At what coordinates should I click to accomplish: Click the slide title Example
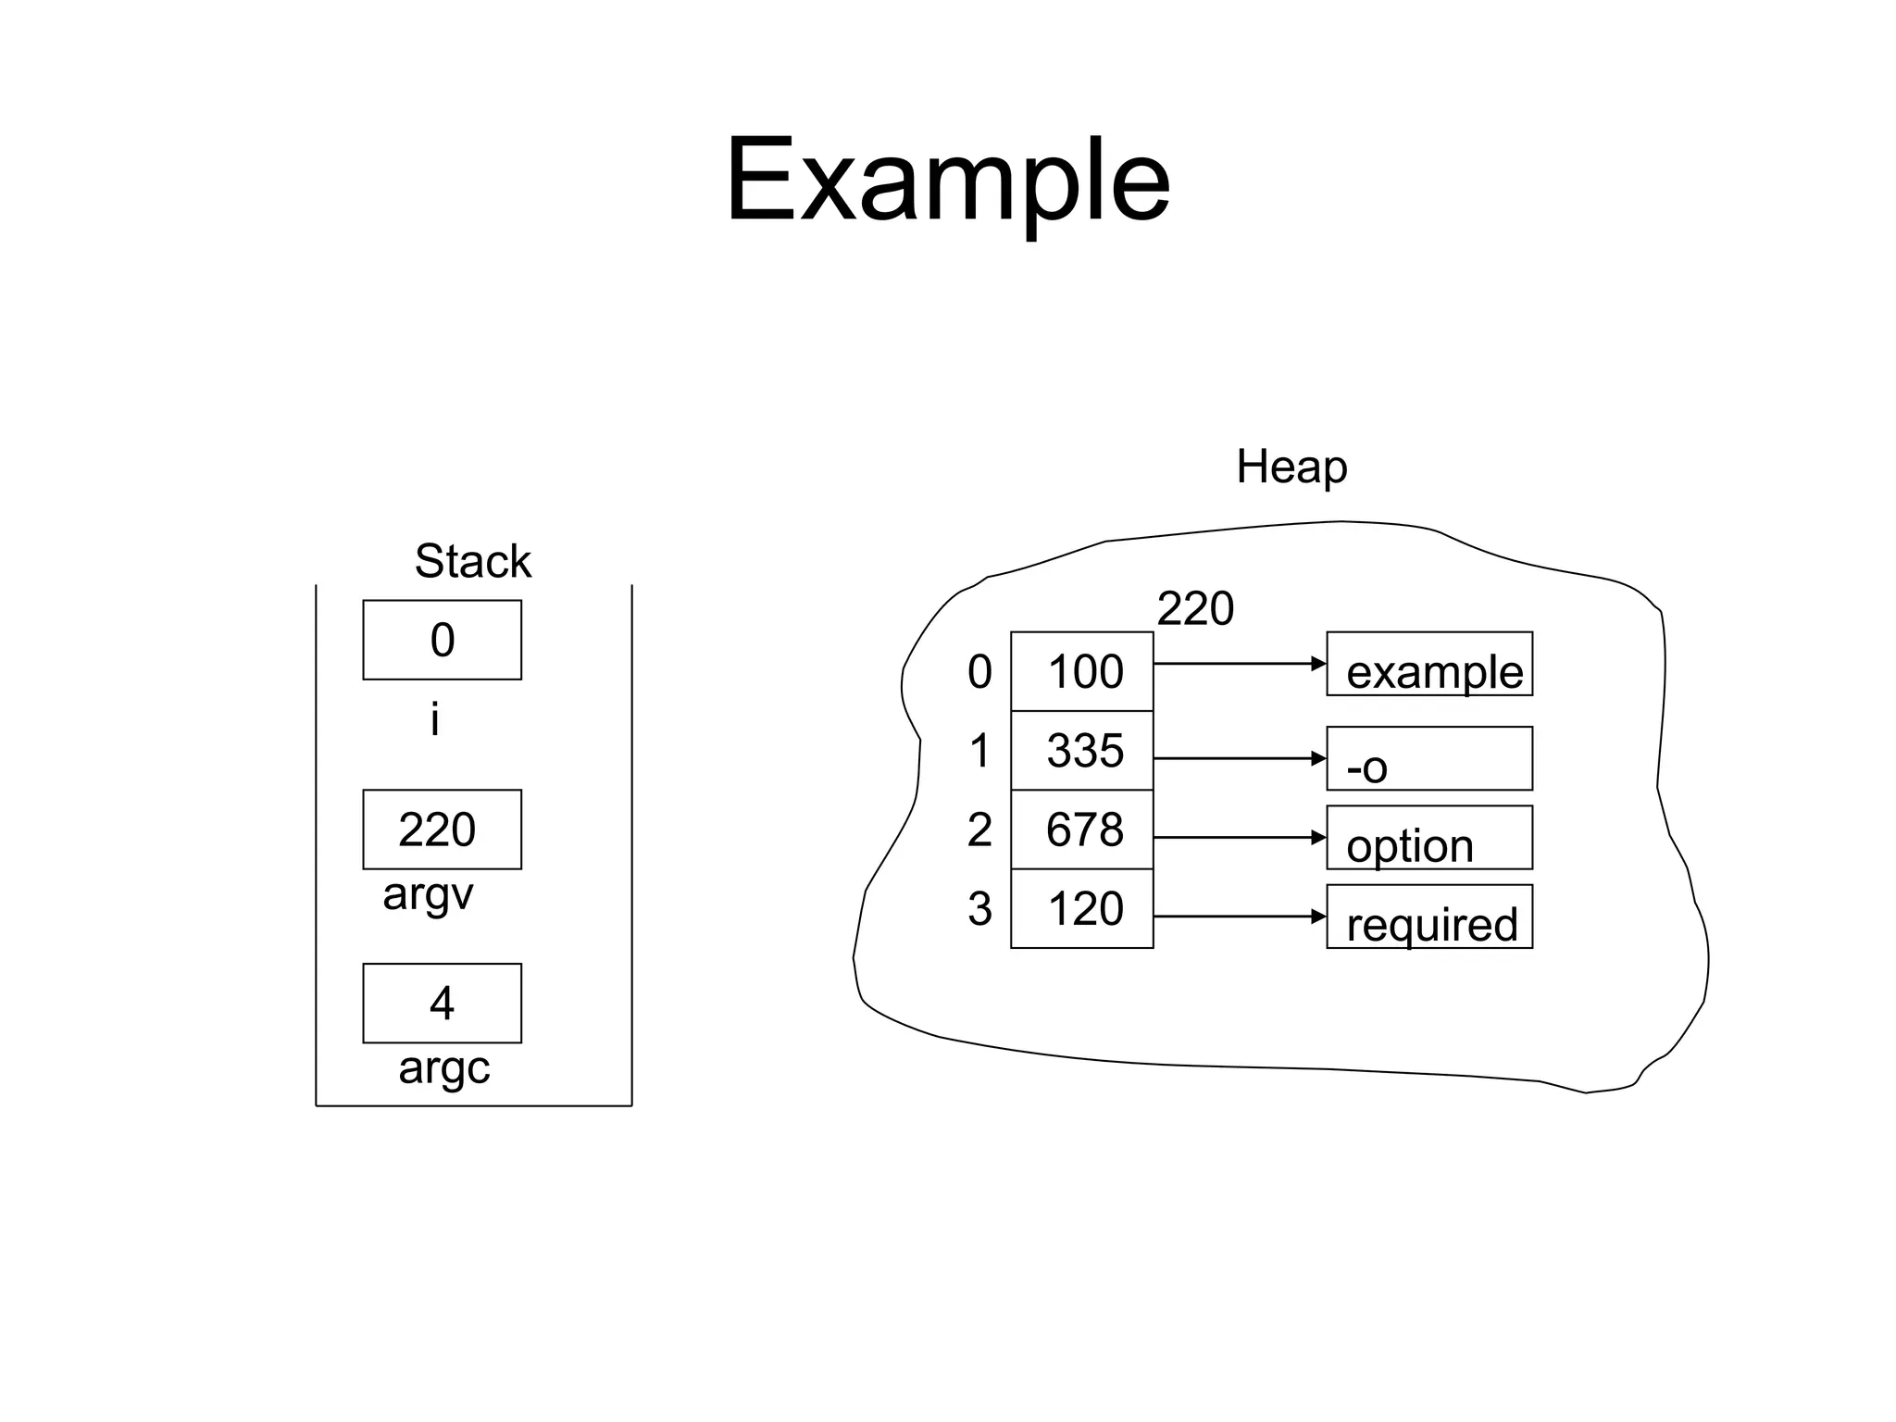[x=947, y=180]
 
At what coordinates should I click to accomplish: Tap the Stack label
[x=472, y=561]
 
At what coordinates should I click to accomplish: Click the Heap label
[x=1291, y=467]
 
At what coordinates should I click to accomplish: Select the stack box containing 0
[x=442, y=640]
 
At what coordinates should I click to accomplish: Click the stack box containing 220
[x=442, y=829]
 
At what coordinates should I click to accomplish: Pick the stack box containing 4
[x=442, y=1004]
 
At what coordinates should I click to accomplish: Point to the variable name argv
[x=428, y=894]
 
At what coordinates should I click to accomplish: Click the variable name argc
[x=443, y=1068]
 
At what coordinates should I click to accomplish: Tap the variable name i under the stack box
[x=434, y=719]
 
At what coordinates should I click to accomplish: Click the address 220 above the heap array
[x=1195, y=609]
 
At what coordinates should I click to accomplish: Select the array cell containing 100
[x=1082, y=671]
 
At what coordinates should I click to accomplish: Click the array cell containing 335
[x=1082, y=751]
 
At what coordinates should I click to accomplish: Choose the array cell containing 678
[x=1082, y=829]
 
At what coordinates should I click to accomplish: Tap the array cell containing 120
[x=1082, y=908]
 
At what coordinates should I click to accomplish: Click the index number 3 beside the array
[x=979, y=909]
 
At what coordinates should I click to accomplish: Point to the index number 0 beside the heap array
[x=979, y=672]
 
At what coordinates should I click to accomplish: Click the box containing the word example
[x=1429, y=664]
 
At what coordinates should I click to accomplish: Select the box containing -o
[x=1429, y=758]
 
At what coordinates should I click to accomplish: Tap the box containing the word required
[x=1429, y=917]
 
